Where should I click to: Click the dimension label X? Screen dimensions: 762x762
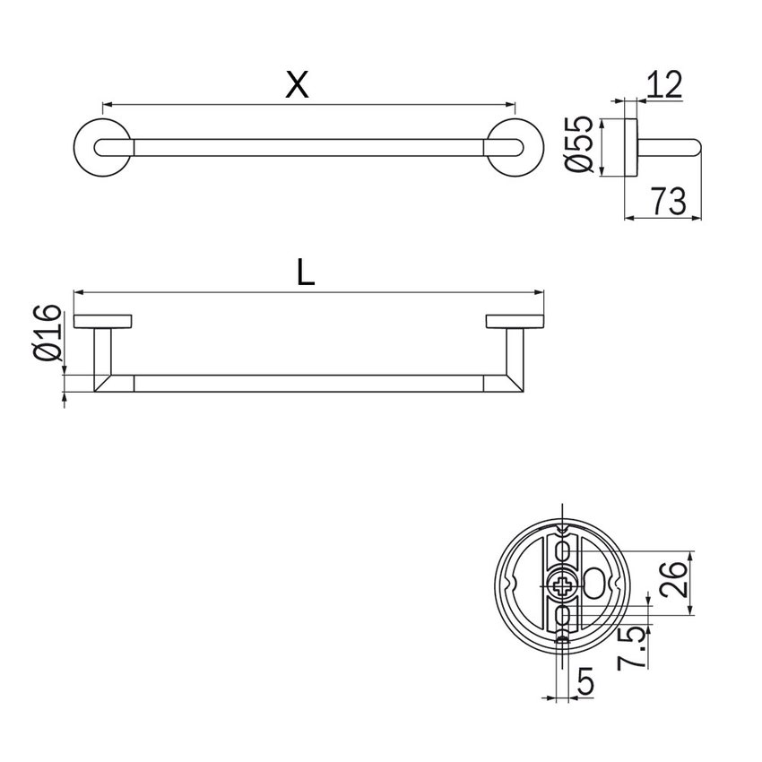tap(297, 84)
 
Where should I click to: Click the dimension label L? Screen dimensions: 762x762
tap(306, 273)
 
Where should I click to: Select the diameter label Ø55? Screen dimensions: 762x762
tap(581, 143)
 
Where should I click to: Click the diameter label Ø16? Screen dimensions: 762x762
tap(49, 333)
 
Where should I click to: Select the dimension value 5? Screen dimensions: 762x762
tap(585, 683)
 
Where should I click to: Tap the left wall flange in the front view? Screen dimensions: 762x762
tap(103, 322)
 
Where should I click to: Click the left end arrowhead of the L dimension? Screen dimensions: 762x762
tap(77, 292)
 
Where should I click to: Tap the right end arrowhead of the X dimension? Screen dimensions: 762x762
tap(512, 104)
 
